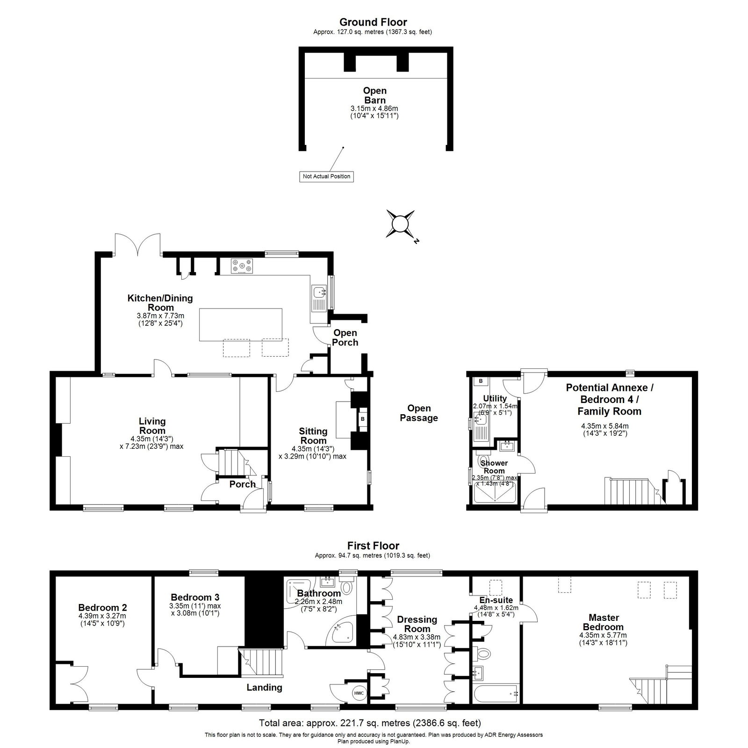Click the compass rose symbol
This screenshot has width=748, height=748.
click(400, 224)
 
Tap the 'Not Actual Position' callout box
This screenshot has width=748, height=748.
click(327, 177)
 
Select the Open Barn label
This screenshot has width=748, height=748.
click(375, 95)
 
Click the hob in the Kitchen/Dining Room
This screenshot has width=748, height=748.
click(242, 266)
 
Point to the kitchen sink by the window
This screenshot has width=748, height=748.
click(320, 293)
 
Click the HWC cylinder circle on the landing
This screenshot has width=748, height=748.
click(359, 693)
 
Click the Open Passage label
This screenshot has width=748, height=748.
click(419, 413)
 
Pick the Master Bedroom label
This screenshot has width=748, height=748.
click(606, 622)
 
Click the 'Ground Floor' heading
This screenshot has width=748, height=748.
click(373, 22)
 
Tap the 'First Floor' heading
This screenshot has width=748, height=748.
click(373, 546)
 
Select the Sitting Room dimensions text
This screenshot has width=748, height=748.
click(312, 453)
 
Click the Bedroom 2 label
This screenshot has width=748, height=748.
click(102, 608)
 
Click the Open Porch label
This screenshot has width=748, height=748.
click(345, 338)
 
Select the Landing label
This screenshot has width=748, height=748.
click(265, 687)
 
